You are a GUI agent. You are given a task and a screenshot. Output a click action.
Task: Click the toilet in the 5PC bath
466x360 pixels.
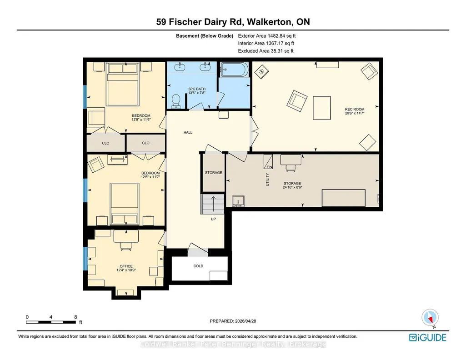176,101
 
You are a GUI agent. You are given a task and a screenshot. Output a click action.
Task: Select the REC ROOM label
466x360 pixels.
355,109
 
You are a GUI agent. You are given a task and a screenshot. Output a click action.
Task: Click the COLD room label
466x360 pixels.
198,266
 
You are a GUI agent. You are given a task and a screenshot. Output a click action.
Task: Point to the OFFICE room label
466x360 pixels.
126,266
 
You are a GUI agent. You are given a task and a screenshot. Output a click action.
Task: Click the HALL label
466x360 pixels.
188,132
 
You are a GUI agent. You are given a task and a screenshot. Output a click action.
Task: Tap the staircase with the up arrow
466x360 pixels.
212,204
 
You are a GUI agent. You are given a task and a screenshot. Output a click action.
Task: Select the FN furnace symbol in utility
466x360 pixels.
268,161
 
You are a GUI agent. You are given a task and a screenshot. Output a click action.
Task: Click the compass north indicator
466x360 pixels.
430,318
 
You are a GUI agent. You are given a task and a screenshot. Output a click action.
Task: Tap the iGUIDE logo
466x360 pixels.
428,338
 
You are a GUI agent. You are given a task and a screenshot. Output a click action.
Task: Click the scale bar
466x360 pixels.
51,322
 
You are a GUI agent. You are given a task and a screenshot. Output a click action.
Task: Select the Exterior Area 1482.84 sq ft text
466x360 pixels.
267,36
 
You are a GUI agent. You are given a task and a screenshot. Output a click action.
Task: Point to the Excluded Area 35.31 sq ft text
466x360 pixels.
266,51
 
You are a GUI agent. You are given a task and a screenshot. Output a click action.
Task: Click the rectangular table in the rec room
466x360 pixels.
321,108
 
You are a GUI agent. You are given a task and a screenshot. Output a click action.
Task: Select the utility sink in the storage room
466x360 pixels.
238,201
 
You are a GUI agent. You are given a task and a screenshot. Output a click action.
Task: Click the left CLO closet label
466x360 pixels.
105,143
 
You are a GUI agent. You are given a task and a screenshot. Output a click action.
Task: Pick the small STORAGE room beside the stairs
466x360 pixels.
213,173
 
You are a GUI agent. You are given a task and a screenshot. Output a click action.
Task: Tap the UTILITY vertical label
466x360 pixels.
267,180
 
